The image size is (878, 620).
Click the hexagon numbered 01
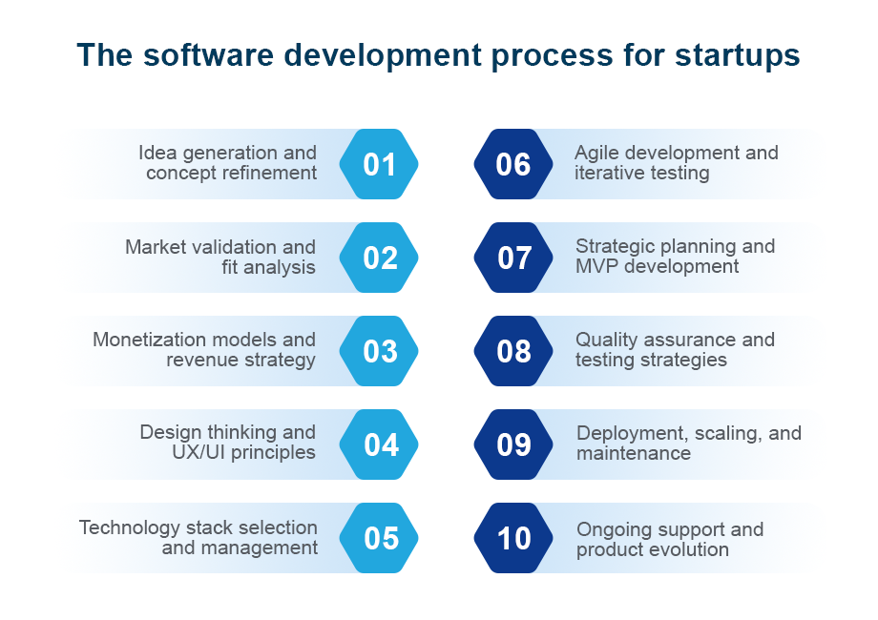click(379, 164)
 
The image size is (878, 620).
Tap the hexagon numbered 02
click(379, 258)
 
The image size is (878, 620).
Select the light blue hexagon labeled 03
click(379, 351)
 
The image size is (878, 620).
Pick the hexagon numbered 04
click(379, 444)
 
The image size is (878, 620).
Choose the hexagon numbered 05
click(379, 538)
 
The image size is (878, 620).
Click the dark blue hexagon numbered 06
click(513, 164)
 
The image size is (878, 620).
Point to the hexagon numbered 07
click(513, 258)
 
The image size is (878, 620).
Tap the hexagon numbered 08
click(513, 351)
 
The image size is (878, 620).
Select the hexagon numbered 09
click(513, 444)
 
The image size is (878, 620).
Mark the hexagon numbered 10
click(513, 538)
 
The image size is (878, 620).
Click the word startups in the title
click(738, 56)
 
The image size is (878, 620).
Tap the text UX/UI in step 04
click(199, 452)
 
